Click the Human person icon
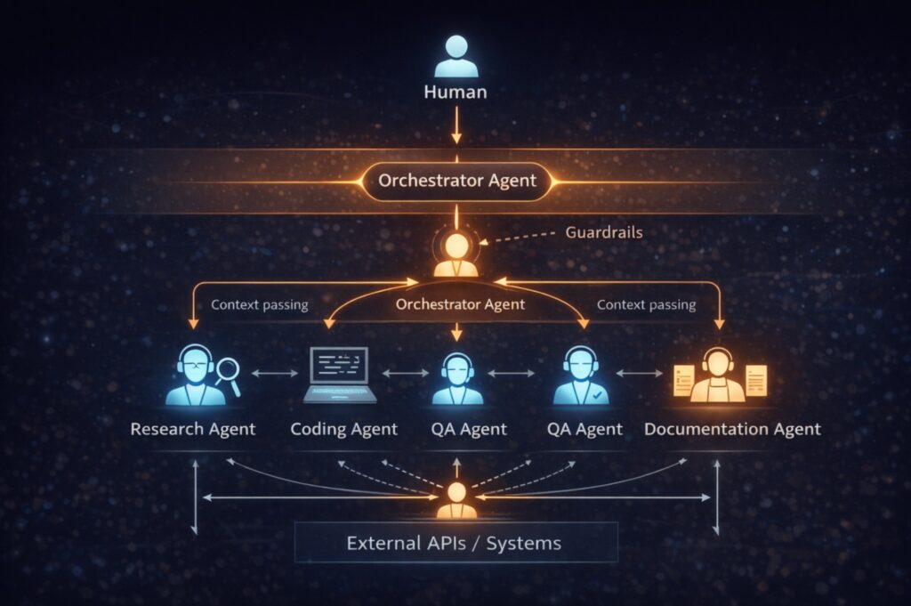[x=455, y=56]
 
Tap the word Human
[x=455, y=91]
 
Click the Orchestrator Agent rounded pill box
[x=457, y=182]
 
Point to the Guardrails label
[x=603, y=232]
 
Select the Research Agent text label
[x=193, y=429]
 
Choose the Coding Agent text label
[x=344, y=429]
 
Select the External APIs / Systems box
[x=455, y=542]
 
